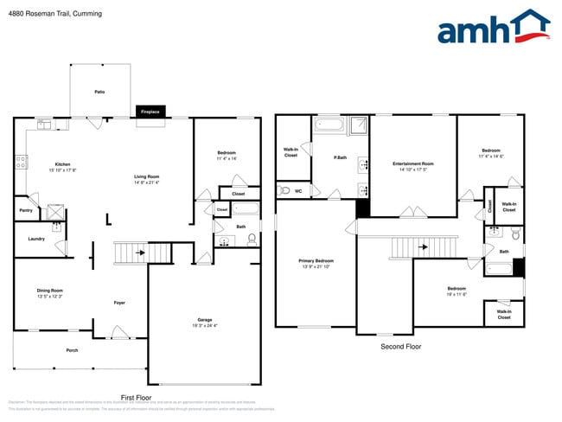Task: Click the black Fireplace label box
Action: coord(150,112)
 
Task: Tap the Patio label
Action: coord(100,91)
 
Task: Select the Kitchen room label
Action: coord(63,163)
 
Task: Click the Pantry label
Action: coord(25,209)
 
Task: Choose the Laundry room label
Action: coord(36,239)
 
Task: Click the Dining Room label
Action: coord(50,291)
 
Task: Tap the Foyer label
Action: coord(120,303)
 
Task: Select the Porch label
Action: coord(73,350)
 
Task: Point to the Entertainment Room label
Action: coord(413,163)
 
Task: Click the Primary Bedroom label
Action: coord(316,260)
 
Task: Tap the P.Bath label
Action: coord(341,157)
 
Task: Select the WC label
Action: coord(298,190)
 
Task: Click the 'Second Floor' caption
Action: coord(400,347)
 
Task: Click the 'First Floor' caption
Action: coord(136,397)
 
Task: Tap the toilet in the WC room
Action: coord(284,190)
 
